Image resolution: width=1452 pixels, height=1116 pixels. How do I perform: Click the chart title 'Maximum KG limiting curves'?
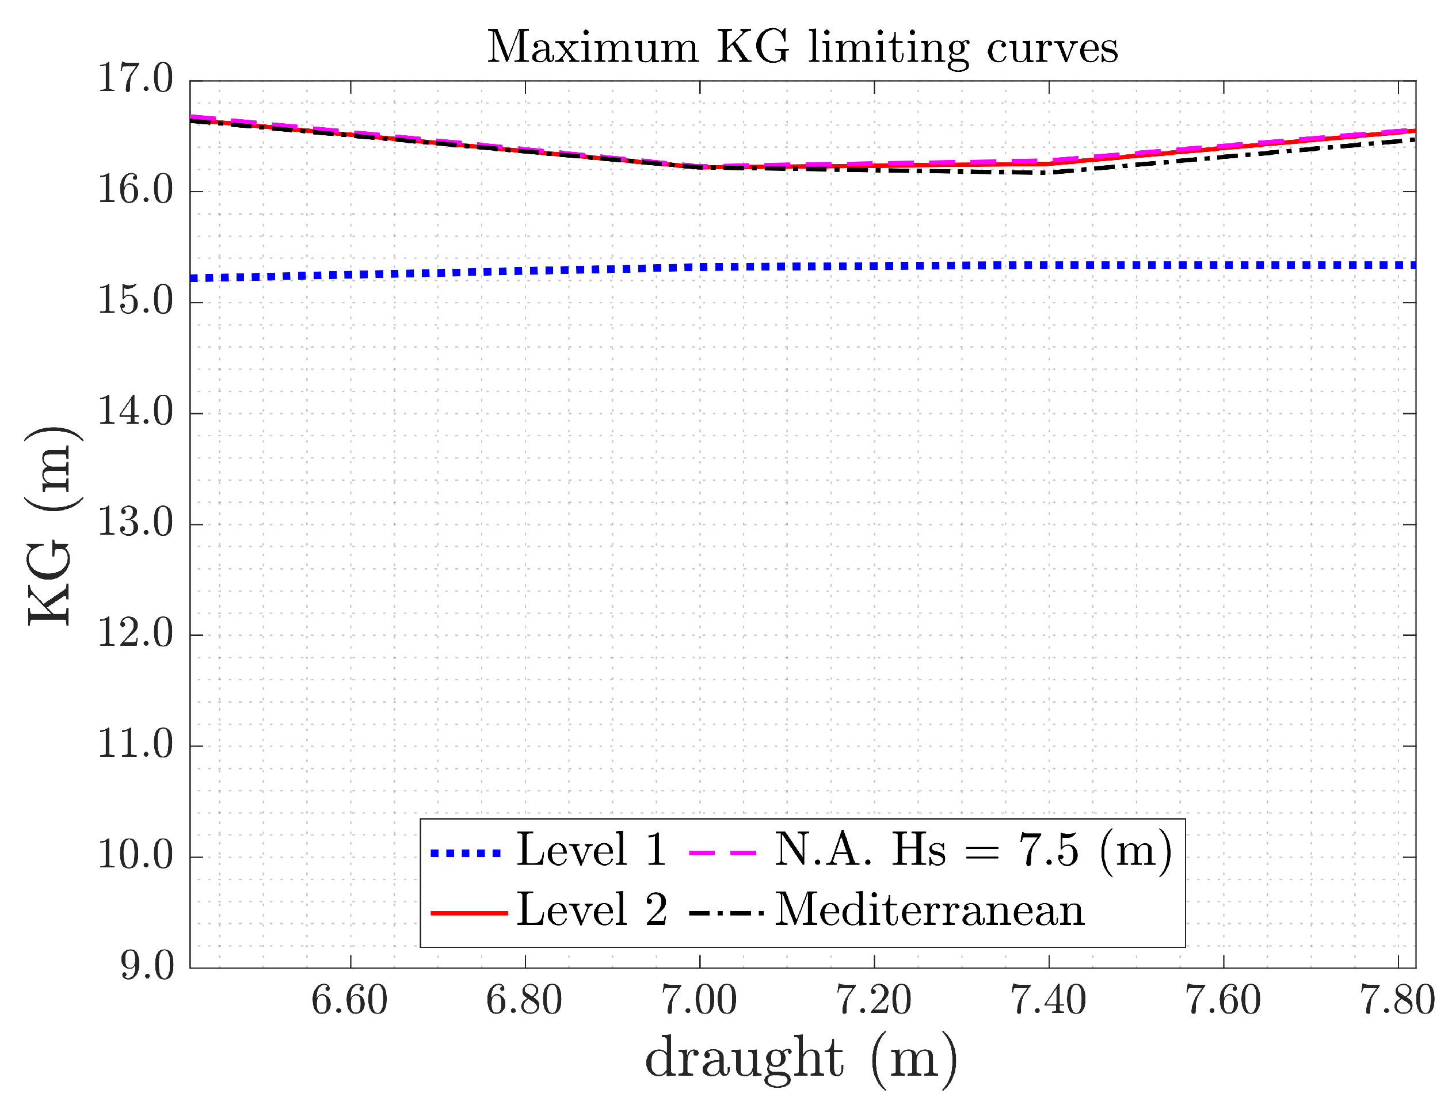click(x=802, y=48)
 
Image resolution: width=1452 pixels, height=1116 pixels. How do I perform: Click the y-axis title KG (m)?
click(x=51, y=525)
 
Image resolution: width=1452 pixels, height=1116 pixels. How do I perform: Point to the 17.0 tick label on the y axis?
click(x=135, y=79)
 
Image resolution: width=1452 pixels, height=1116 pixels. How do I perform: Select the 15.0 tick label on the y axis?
click(x=135, y=302)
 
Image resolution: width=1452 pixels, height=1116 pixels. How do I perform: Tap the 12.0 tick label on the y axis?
click(x=135, y=634)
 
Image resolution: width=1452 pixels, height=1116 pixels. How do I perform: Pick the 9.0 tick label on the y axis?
click(x=146, y=966)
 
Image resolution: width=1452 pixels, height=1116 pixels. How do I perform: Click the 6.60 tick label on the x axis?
click(x=349, y=1000)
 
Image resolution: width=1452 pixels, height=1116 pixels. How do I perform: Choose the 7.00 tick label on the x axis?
click(x=699, y=1000)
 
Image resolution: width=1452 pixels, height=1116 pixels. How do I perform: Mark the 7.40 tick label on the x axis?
click(x=1048, y=1000)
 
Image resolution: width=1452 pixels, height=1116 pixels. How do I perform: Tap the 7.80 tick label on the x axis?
click(x=1397, y=1000)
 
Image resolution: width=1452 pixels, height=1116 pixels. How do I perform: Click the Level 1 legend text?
click(x=591, y=850)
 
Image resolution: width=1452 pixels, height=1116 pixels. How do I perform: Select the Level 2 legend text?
click(x=591, y=911)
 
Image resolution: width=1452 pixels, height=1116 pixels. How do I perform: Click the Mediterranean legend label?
click(x=929, y=911)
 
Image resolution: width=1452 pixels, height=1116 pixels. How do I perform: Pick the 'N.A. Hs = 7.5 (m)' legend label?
click(x=973, y=850)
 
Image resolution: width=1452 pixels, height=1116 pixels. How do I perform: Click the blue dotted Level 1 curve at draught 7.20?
click(x=874, y=266)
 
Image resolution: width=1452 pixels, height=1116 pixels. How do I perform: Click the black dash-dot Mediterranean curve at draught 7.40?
click(x=1049, y=173)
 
